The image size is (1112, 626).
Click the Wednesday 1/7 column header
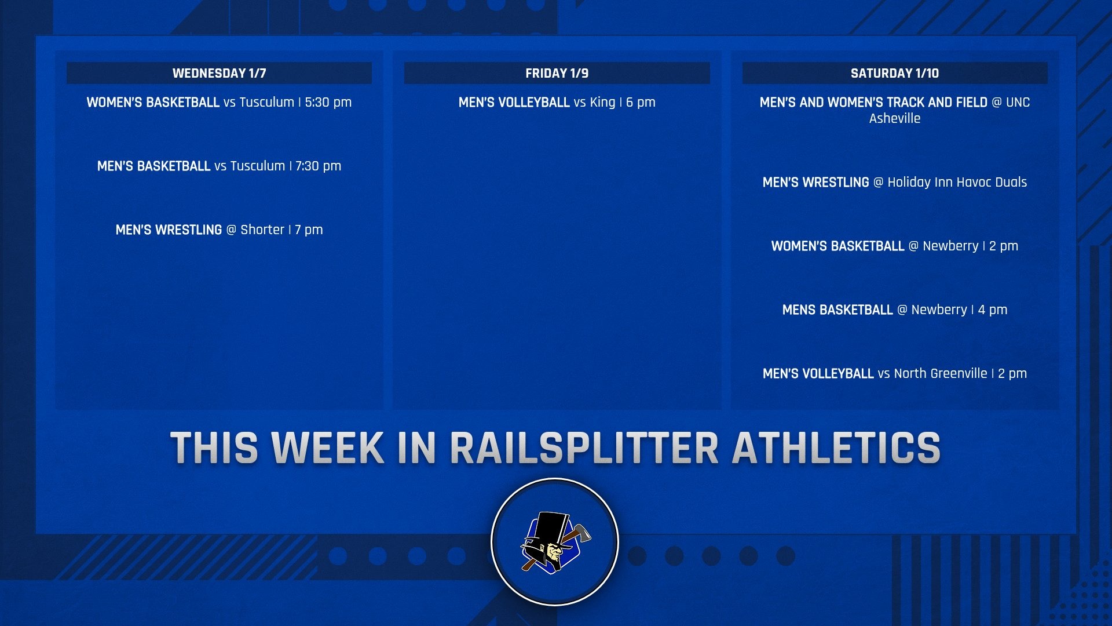coord(219,74)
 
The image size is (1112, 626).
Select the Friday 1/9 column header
coord(557,74)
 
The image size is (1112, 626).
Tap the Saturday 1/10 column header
coord(895,74)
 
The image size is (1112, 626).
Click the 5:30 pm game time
coord(328,103)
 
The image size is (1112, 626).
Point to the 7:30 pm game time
coord(318,166)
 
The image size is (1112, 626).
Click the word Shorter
coord(262,230)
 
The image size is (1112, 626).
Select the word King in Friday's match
coord(602,103)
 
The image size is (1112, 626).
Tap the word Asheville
coord(895,118)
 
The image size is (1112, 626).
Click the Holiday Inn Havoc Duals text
coord(957,182)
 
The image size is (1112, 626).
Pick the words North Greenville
coord(941,373)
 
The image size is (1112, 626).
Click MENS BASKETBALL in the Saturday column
coord(837,310)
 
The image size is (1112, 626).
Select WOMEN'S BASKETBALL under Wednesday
coord(153,103)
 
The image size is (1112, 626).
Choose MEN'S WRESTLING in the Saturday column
coord(815,183)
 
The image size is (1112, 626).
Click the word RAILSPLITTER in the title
coord(584,448)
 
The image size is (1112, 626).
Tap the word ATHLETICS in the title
coord(836,448)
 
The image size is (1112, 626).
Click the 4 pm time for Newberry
coord(993,310)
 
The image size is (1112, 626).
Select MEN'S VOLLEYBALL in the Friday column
coord(514,103)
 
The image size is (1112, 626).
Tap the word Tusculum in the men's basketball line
coord(258,166)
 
